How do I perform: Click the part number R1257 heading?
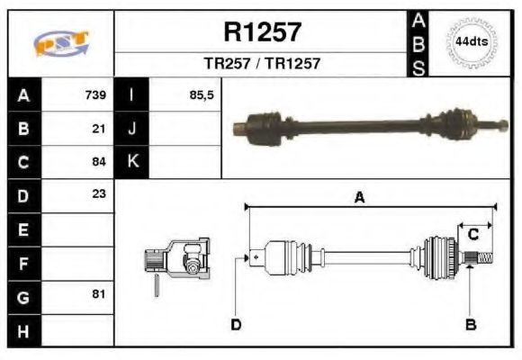[262, 33]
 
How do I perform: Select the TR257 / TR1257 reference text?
[262, 64]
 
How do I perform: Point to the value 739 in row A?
[95, 94]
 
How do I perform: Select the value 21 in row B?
[99, 128]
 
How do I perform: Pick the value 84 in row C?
[99, 162]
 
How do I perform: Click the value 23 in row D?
[99, 194]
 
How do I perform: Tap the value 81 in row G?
[99, 294]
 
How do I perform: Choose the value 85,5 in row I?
[202, 94]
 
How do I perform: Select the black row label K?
[132, 161]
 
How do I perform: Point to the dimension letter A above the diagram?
[360, 199]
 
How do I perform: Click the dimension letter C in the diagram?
[472, 235]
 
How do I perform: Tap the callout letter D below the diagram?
[236, 324]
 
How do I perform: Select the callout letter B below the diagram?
[470, 324]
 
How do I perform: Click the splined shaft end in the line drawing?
[482, 259]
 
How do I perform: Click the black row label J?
[132, 128]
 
